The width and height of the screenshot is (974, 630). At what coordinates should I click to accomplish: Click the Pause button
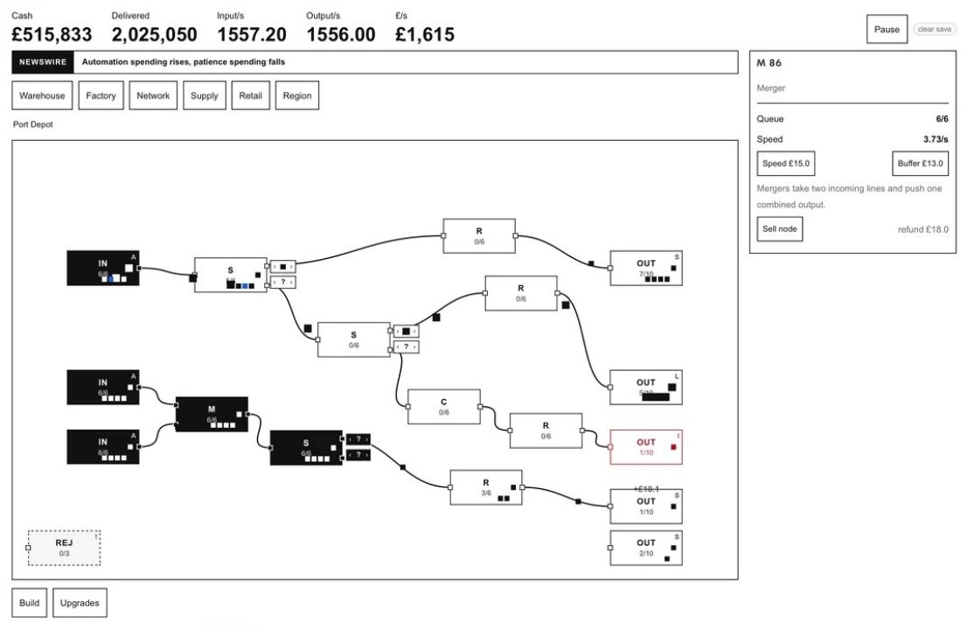click(887, 29)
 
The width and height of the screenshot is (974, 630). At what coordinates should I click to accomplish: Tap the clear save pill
click(934, 29)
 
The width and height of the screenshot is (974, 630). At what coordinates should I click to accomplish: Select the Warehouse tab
click(42, 95)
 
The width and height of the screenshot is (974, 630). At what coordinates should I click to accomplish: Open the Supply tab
click(205, 95)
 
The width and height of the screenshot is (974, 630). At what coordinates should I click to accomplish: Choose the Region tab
click(297, 95)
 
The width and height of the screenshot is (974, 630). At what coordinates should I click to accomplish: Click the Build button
click(29, 603)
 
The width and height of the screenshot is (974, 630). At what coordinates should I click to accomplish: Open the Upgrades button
click(80, 603)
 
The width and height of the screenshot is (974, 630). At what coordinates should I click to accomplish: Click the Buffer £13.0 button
click(920, 164)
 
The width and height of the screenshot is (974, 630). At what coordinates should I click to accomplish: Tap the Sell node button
click(779, 229)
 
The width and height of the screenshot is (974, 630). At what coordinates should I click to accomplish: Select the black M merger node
click(212, 415)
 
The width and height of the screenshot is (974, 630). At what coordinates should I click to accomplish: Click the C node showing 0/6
click(444, 407)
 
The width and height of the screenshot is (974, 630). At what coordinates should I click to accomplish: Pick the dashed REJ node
click(64, 548)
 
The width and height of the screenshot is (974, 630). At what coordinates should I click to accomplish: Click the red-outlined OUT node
click(646, 447)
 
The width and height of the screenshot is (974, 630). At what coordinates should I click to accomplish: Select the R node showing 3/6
click(486, 487)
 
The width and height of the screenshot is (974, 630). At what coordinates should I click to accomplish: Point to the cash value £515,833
click(52, 35)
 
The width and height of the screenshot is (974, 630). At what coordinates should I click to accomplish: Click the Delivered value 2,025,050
click(154, 35)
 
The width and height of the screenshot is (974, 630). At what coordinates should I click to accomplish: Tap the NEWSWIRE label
click(43, 62)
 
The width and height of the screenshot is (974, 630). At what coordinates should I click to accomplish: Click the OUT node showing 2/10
click(646, 548)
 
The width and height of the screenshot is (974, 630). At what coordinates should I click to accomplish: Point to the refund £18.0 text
click(922, 229)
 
